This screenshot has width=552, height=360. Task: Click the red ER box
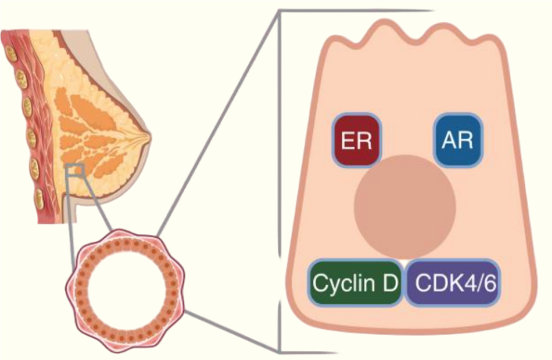(356, 140)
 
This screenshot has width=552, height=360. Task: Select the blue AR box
(459, 140)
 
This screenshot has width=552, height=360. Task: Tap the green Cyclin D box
(356, 283)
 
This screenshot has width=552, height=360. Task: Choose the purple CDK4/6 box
(457, 283)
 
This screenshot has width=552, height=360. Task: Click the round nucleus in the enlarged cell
(406, 203)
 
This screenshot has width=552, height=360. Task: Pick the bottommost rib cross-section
(39, 200)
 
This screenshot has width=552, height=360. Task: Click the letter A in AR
(450, 140)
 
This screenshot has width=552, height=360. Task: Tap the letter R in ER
(365, 140)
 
